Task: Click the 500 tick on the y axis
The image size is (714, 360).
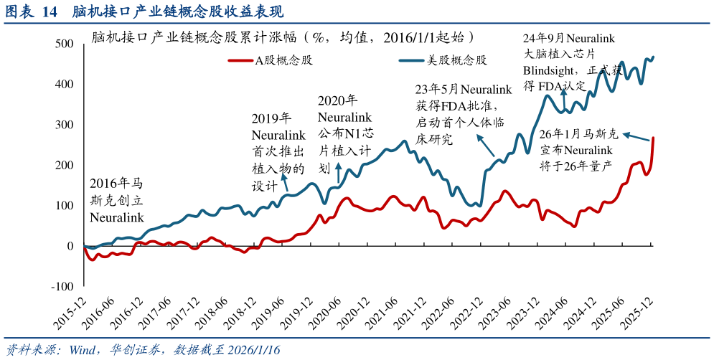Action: (x=65, y=44)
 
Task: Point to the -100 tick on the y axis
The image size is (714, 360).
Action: (x=62, y=286)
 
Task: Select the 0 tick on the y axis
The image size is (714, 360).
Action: (x=70, y=246)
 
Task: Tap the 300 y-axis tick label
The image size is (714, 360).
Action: (x=65, y=125)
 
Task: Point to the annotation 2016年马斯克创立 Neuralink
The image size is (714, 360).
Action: (x=117, y=200)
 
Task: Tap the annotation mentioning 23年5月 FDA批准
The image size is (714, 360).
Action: (x=463, y=114)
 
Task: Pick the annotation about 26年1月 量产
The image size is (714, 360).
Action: (x=578, y=150)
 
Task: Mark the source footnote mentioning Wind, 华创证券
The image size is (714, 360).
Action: (x=144, y=349)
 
